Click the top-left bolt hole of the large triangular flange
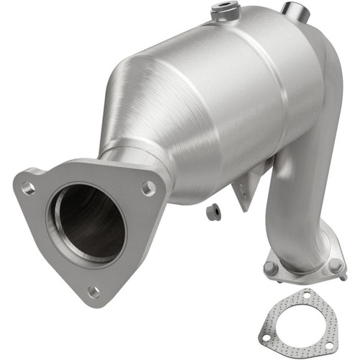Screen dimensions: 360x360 tap(28, 189)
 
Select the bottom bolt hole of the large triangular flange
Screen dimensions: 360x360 tap(93, 292)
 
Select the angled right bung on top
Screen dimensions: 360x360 tap(292, 10)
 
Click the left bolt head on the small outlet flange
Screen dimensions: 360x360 tap(271, 268)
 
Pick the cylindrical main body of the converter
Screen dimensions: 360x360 tap(230, 94)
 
